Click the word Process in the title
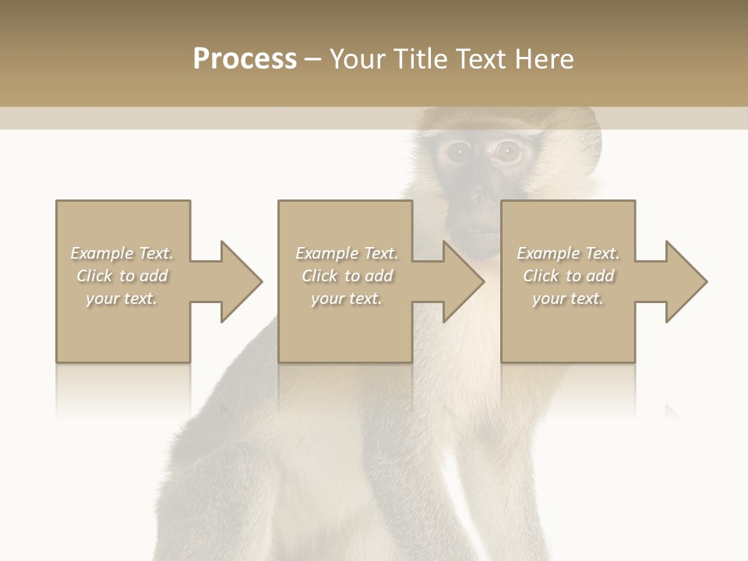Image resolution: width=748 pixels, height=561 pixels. pos(245,59)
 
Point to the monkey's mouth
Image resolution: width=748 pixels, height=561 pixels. pos(483,233)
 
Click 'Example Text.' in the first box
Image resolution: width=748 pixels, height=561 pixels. pos(122,253)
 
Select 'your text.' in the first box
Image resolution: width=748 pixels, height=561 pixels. pos(122,298)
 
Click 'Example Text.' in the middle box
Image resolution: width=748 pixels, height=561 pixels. pos(346,253)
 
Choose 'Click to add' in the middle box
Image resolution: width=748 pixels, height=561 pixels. pos(346,276)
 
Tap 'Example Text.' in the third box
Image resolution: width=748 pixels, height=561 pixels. pos(568,253)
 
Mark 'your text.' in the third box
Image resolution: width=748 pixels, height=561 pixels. pos(568,298)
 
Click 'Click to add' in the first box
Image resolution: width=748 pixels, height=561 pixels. pos(122,276)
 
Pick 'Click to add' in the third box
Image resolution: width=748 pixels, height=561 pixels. pos(568,276)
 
